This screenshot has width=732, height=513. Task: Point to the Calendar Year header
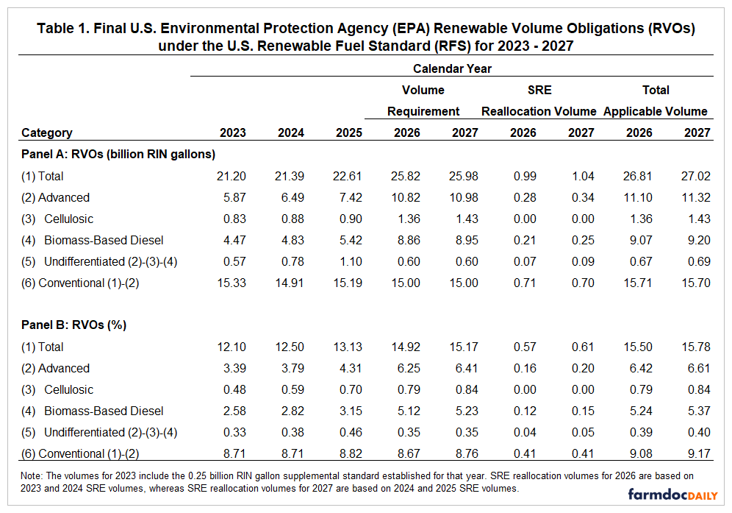coord(452,68)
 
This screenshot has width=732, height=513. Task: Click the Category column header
coord(47,133)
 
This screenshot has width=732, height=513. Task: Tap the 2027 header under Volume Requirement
coord(464,133)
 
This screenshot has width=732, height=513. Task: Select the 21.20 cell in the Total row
coord(232,176)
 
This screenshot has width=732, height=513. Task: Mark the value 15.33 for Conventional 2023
coord(232,283)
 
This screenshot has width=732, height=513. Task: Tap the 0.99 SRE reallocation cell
coord(525,176)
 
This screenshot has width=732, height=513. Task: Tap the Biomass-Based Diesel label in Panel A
coord(104,240)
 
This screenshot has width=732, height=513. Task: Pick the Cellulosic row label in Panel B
coord(68,389)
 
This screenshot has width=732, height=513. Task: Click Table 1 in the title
coord(65,29)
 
